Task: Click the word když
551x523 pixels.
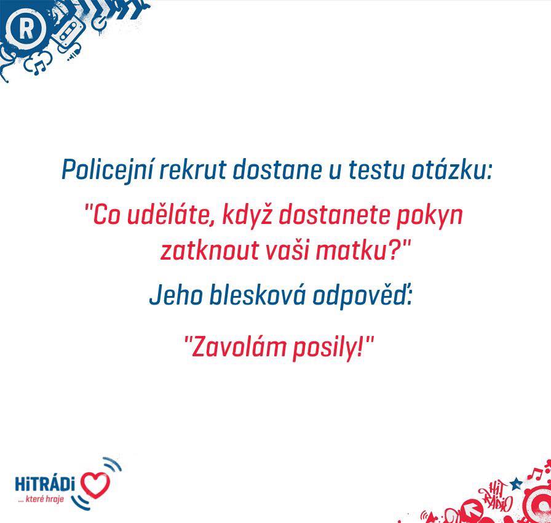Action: [247, 215]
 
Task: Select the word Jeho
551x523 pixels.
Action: [176, 295]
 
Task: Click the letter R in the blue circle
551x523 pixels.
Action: [26, 29]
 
